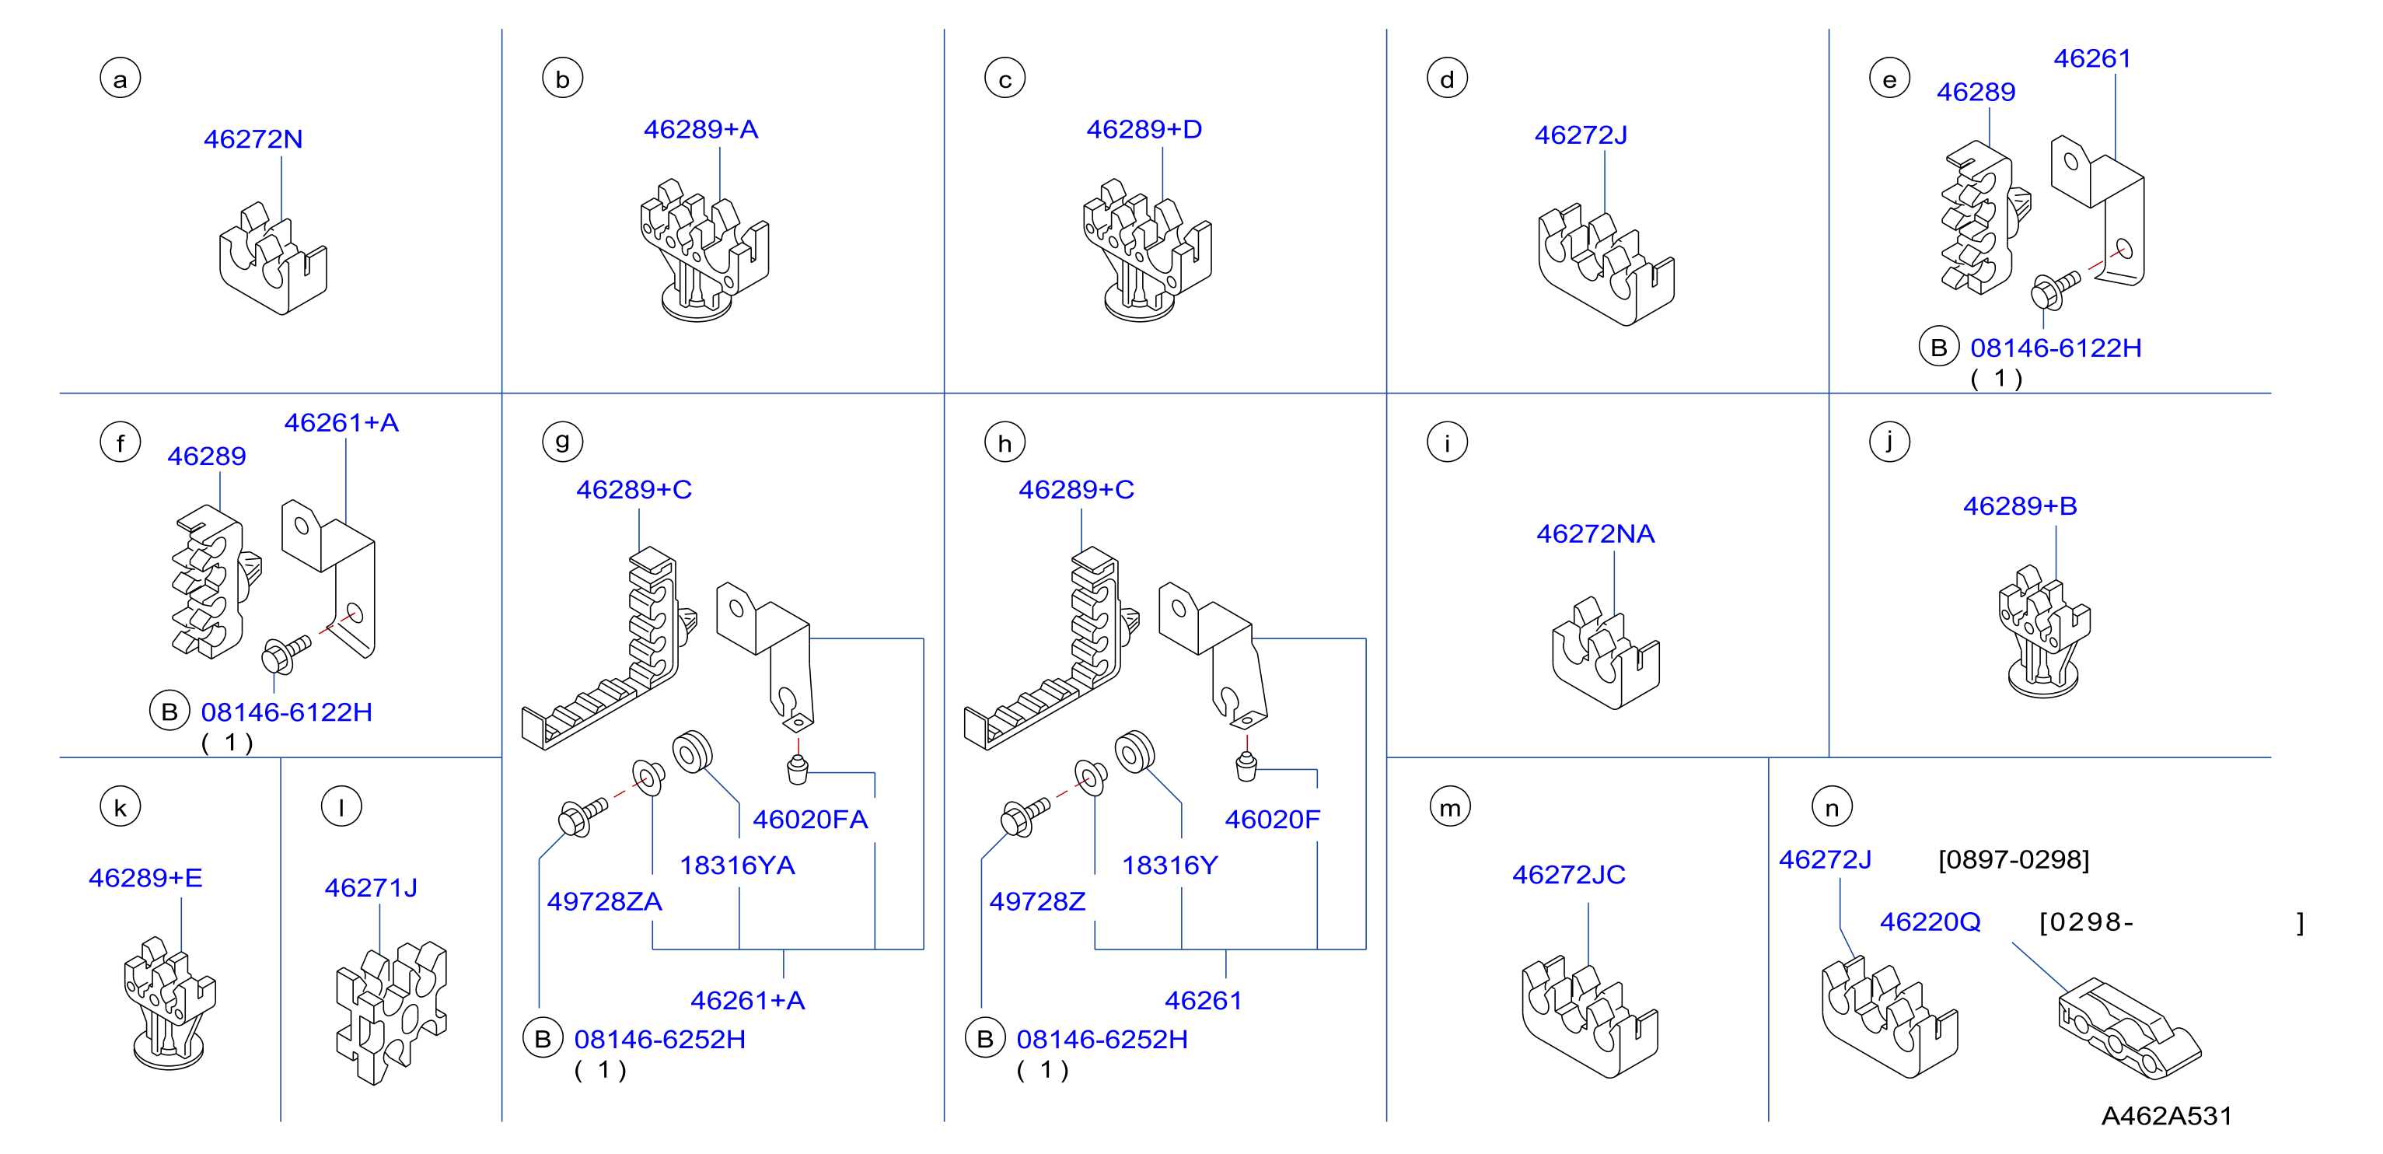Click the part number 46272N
click(x=253, y=139)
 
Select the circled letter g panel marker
click(x=562, y=442)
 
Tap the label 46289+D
click(x=1144, y=130)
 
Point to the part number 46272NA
click(x=1595, y=534)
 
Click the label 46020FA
click(x=810, y=819)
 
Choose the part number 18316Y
click(x=1169, y=865)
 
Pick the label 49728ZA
click(x=604, y=901)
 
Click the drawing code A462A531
click(x=2167, y=1116)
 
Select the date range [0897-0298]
click(x=2013, y=860)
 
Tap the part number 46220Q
click(x=1930, y=921)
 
